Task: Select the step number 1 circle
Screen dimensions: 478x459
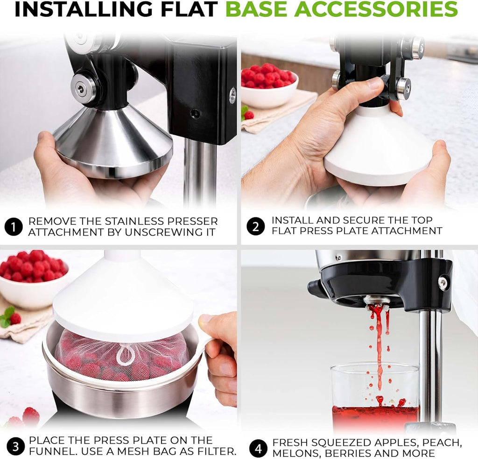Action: click(x=14, y=227)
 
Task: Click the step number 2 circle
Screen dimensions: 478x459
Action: click(x=256, y=226)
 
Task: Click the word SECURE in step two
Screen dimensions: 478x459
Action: click(x=362, y=220)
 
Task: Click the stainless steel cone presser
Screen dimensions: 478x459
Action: click(x=113, y=140)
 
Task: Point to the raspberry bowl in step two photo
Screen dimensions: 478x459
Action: click(x=270, y=86)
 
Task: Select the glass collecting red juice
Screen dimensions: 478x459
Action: click(x=375, y=397)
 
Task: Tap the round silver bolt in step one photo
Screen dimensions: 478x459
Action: click(x=80, y=88)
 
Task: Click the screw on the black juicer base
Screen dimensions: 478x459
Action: click(x=443, y=283)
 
